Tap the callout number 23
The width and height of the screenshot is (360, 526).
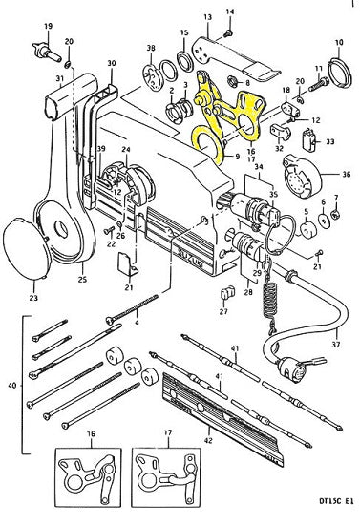tap(36, 298)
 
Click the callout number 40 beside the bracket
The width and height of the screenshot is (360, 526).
tap(11, 385)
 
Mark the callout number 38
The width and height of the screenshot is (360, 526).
tap(150, 48)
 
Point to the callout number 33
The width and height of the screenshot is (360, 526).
tap(330, 140)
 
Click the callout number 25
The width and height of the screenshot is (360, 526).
tap(81, 279)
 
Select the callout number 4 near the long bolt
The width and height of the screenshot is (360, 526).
tap(138, 323)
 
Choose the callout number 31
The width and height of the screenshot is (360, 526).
tap(59, 77)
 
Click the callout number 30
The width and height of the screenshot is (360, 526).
tap(111, 63)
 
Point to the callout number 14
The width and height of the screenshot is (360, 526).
tap(229, 11)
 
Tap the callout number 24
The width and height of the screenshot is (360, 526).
tap(125, 148)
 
